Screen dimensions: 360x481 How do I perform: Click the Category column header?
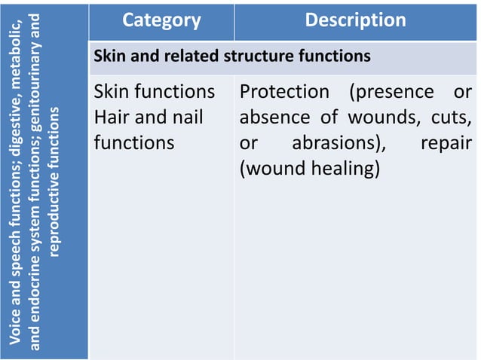(x=161, y=20)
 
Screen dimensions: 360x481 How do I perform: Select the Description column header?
(x=355, y=20)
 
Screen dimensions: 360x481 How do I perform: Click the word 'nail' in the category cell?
(x=188, y=117)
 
